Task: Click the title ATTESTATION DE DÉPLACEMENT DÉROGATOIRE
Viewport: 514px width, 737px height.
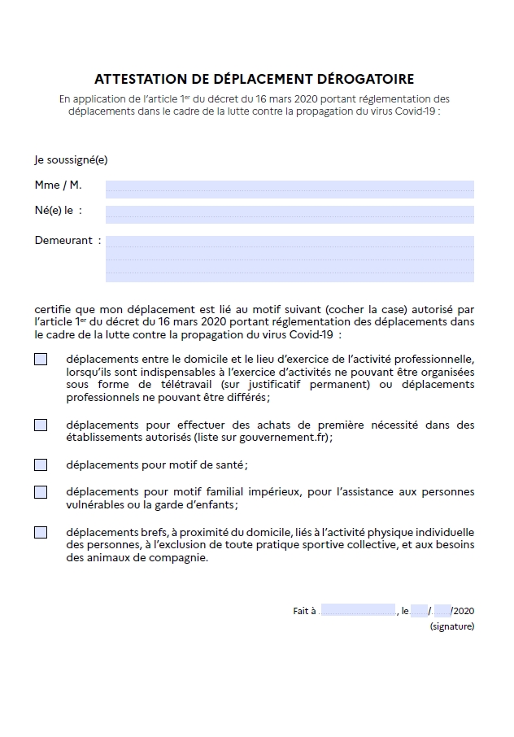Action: tap(254, 79)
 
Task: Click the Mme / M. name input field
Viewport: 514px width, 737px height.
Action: tap(290, 189)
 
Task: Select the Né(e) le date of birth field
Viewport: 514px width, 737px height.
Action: tap(290, 214)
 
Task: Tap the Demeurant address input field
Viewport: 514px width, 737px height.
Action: tap(290, 259)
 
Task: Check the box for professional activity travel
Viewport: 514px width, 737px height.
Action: tap(41, 359)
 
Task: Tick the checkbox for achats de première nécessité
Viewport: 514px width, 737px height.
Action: tap(41, 425)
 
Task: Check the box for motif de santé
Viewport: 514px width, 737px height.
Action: tap(41, 465)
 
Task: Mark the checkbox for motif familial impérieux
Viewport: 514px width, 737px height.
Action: tap(41, 492)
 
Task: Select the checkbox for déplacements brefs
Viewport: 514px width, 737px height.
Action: tap(41, 533)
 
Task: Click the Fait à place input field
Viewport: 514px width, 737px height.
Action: tap(358, 611)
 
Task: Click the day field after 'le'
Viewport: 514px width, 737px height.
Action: tap(419, 611)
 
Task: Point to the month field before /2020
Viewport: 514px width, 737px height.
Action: tap(442, 611)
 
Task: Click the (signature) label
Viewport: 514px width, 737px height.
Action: tap(451, 626)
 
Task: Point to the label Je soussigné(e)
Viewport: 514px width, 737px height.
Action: tap(71, 160)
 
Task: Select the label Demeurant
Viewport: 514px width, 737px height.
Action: tap(63, 241)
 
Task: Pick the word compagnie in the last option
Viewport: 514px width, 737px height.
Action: tap(179, 558)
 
